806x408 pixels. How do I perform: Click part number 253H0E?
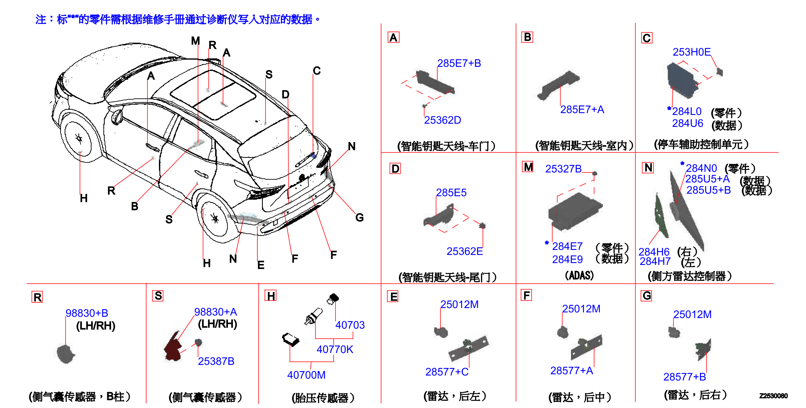tap(691, 52)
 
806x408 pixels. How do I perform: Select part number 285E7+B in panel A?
tap(459, 63)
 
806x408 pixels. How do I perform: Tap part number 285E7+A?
tap(582, 109)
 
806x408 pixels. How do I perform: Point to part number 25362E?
tap(465, 251)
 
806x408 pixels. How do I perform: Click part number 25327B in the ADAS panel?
tap(564, 169)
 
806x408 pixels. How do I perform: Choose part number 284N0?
tap(701, 168)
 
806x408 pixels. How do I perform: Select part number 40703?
tap(350, 325)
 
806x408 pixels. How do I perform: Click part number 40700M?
tap(306, 375)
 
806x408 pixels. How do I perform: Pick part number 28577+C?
tap(447, 372)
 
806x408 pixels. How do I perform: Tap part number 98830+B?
tap(87, 313)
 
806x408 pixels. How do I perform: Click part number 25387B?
tap(216, 361)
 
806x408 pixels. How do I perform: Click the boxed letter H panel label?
tap(271, 296)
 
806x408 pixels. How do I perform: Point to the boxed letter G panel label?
tap(647, 296)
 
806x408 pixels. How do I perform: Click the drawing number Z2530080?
tap(773, 396)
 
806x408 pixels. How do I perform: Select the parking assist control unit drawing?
tap(682, 80)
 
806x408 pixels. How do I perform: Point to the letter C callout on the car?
tap(317, 71)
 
